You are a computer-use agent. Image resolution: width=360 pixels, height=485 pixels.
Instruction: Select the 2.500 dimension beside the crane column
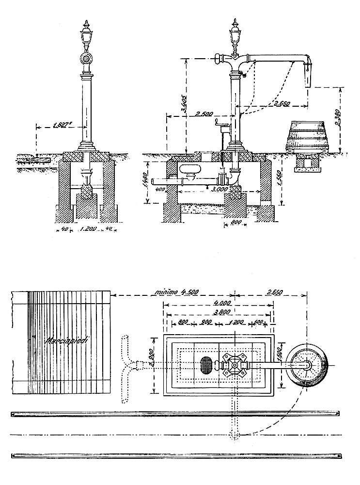(204, 115)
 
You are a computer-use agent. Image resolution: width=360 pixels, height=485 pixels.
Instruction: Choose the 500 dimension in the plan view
(258, 322)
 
